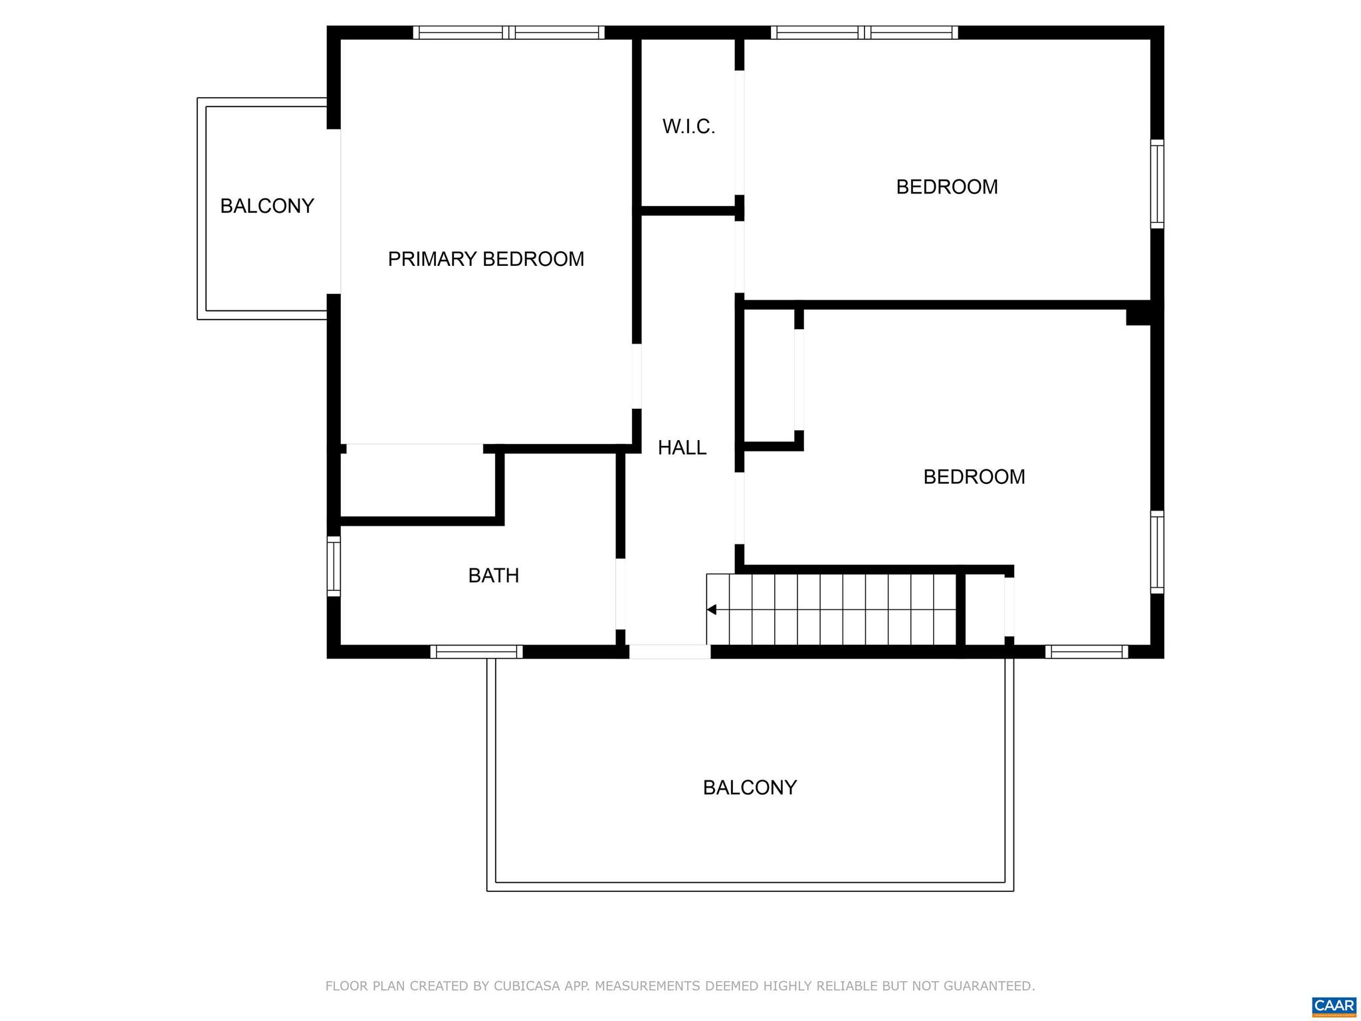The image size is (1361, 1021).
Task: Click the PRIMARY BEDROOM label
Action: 486,259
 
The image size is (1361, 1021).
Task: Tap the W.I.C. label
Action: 688,126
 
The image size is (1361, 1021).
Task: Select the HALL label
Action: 682,447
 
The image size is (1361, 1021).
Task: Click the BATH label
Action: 493,575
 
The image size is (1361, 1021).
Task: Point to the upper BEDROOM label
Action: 946,187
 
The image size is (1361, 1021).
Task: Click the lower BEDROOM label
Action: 974,477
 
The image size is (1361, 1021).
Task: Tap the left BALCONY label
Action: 266,206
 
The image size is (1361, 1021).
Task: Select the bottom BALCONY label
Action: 750,787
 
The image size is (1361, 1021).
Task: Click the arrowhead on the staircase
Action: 711,610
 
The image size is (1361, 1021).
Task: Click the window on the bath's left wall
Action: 334,566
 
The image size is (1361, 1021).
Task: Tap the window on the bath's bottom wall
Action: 476,651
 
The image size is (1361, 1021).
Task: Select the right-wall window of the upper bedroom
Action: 1157,184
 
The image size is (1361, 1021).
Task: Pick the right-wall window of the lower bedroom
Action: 1157,552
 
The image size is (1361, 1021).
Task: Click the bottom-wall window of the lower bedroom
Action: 1086,651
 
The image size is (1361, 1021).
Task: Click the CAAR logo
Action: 1334,1006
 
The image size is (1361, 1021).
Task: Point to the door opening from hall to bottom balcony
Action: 669,651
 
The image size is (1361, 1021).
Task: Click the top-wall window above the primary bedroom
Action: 508,33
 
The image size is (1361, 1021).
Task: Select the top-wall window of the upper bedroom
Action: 864,33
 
